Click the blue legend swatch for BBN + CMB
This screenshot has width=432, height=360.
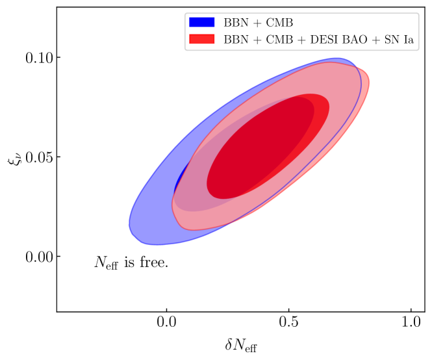201,22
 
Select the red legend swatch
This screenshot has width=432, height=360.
201,39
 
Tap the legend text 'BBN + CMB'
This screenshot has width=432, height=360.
258,23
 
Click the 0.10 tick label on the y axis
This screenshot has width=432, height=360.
39,58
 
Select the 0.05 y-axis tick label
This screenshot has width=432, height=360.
39,157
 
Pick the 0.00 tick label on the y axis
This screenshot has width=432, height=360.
39,257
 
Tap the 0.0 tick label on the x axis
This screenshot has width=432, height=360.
166,322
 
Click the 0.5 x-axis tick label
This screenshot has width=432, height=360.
288,322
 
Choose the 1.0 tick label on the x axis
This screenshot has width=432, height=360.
411,322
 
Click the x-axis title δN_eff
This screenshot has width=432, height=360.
241,346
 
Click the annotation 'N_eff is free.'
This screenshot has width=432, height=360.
131,262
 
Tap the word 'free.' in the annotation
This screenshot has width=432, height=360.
154,262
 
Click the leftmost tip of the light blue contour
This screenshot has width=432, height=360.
129,224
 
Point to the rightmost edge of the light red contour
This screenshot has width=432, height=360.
369,83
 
